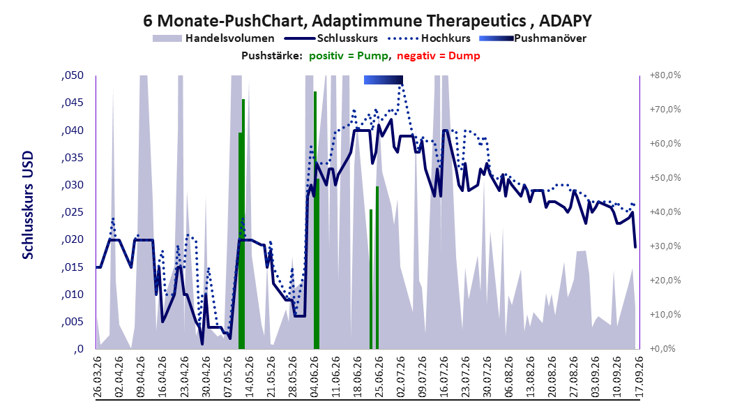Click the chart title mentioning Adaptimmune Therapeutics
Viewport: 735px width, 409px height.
(x=367, y=21)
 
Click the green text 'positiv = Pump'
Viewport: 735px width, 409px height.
(x=349, y=56)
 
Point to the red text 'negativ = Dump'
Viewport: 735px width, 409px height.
(x=439, y=56)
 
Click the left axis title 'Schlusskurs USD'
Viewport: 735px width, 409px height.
(x=28, y=205)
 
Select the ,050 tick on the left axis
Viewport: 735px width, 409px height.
(x=73, y=75)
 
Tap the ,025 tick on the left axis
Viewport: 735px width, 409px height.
(x=73, y=212)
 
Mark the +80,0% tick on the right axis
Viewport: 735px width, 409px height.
(x=665, y=75)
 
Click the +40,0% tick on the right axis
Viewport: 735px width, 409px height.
(x=665, y=212)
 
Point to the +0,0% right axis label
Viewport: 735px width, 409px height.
(x=662, y=349)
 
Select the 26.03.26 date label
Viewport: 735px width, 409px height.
(x=98, y=377)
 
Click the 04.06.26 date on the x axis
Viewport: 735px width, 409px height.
(x=314, y=377)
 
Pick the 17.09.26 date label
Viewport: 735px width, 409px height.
(x=638, y=377)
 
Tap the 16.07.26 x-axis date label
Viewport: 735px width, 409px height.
(x=444, y=377)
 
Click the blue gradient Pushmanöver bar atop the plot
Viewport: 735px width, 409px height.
(x=384, y=80)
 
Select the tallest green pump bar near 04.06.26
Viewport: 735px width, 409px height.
(x=315, y=220)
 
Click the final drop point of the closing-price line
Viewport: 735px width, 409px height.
(x=635, y=247)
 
